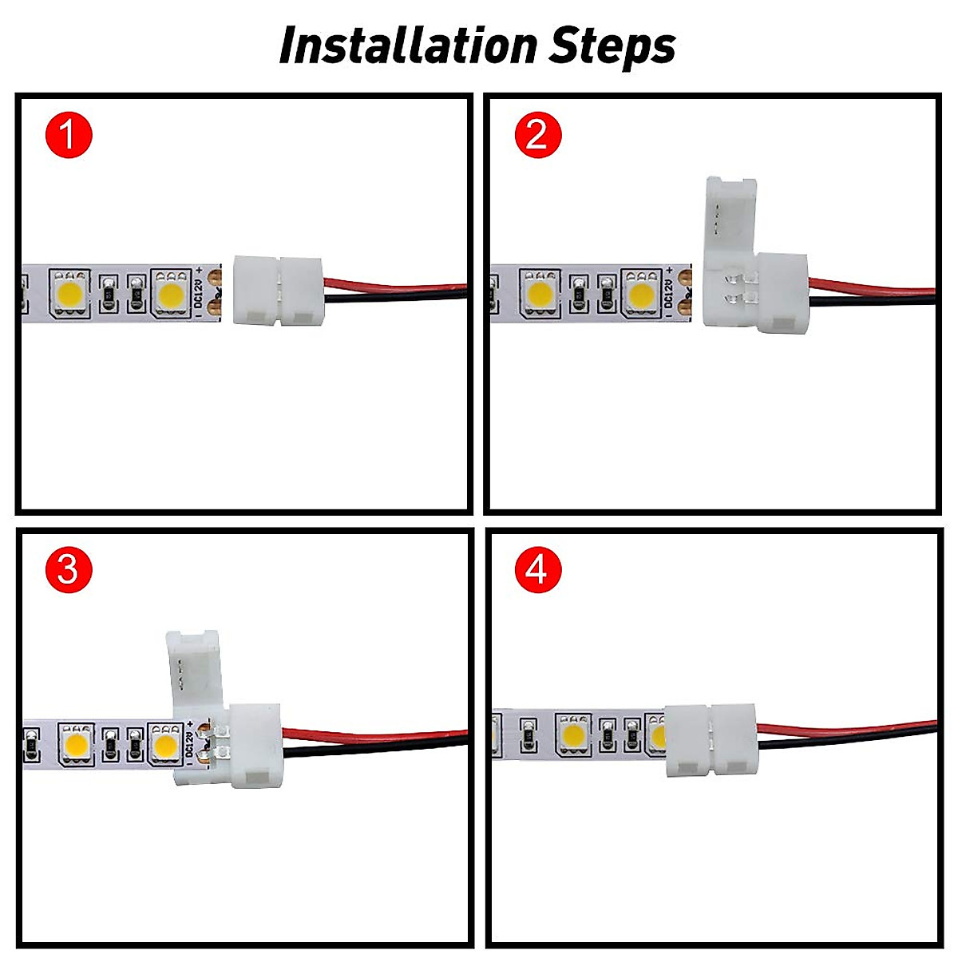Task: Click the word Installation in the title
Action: pos(409,46)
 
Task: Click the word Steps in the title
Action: pos(612,46)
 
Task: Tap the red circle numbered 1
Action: pos(69,134)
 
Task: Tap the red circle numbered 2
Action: pos(537,134)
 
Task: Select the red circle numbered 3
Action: pos(69,570)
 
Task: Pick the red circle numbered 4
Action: pos(537,570)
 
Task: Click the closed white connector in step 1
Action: pos(277,290)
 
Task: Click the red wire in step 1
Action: pos(399,284)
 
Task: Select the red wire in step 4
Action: pos(846,726)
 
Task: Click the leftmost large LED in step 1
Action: pos(71,294)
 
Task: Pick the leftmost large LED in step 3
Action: pos(77,747)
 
